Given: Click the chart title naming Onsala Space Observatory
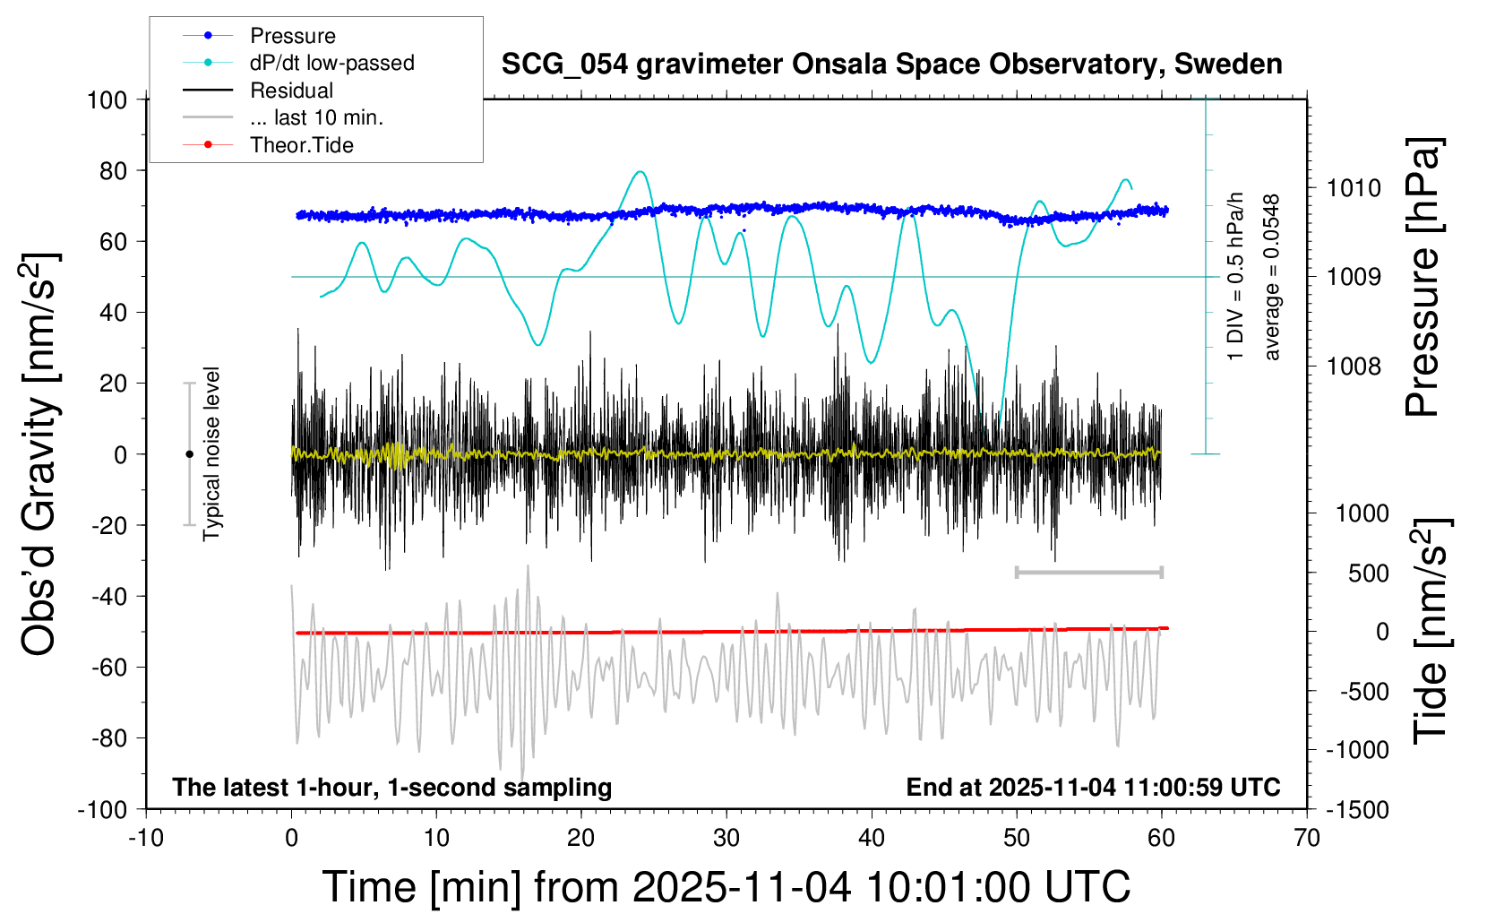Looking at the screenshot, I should tap(891, 65).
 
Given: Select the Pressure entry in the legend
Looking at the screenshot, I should tap(292, 36).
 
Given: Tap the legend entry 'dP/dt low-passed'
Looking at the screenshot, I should tap(331, 63).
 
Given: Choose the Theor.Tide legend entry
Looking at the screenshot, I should tap(301, 145).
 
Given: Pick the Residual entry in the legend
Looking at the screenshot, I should tap(291, 91).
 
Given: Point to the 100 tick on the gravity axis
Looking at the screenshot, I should tap(107, 99).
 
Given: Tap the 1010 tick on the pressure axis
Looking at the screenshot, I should tap(1354, 188).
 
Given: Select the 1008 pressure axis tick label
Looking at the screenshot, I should tap(1354, 366).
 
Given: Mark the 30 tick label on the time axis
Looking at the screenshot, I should tap(726, 839).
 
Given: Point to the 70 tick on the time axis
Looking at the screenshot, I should tap(1307, 839).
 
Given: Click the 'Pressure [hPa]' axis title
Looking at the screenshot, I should tap(1423, 278).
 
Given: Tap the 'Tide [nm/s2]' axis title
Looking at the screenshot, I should tap(1430, 632).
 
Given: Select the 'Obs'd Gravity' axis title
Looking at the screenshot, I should tap(40, 454).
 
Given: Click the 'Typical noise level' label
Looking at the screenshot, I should tap(211, 454).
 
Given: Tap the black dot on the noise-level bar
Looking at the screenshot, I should tap(189, 454).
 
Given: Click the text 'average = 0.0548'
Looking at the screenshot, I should tap(1272, 278).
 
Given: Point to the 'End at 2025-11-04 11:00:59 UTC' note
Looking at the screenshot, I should tap(1093, 788).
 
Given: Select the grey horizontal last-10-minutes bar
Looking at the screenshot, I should tap(1088, 572).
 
